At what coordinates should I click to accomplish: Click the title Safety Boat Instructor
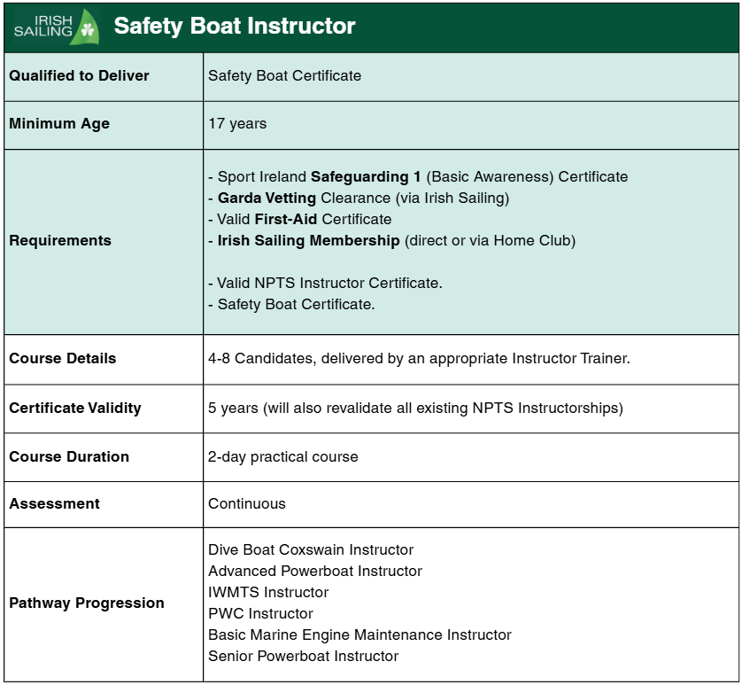click(x=235, y=27)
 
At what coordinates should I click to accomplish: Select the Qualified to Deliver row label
click(x=79, y=76)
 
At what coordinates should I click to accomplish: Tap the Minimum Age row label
click(x=59, y=124)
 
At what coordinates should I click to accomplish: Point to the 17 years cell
click(x=237, y=124)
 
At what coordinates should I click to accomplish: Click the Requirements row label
click(x=60, y=241)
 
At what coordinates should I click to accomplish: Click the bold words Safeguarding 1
click(x=366, y=177)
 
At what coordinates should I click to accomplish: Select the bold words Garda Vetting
click(x=267, y=198)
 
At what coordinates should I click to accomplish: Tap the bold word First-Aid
click(x=286, y=220)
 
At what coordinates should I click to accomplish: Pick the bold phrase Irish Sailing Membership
click(x=309, y=241)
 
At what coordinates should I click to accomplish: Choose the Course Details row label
click(x=63, y=359)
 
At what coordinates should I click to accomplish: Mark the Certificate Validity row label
click(x=75, y=409)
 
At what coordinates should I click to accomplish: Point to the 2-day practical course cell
click(x=283, y=457)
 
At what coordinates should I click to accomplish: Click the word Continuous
click(x=247, y=504)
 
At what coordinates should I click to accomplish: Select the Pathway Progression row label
click(x=87, y=603)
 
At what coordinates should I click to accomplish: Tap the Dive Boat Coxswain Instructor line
click(x=311, y=550)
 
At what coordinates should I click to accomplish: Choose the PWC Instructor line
click(x=260, y=614)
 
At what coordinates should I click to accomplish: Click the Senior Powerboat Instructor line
click(x=303, y=657)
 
